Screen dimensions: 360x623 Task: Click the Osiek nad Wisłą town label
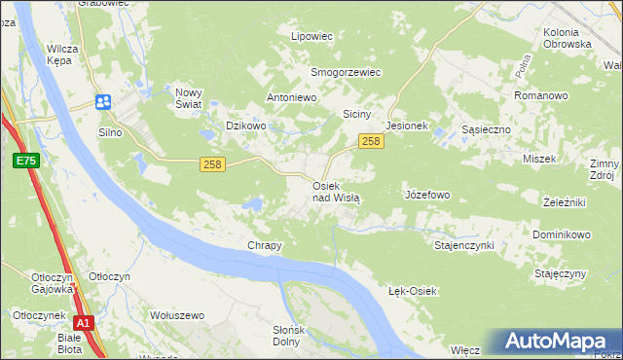pos(336,191)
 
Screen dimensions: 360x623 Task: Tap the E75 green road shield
pos(25,160)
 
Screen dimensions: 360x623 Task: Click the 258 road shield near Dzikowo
pos(213,164)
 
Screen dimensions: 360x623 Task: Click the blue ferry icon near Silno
pos(103,101)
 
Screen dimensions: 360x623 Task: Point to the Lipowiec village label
pos(312,36)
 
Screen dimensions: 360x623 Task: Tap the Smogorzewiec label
pos(346,72)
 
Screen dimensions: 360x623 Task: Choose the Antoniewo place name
pos(293,98)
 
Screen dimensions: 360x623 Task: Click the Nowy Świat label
pos(187,98)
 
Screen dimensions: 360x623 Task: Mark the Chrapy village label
pos(265,245)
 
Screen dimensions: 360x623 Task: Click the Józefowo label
pos(426,195)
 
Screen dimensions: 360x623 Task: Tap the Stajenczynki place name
pos(463,245)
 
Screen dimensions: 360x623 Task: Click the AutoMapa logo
pos(559,342)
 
